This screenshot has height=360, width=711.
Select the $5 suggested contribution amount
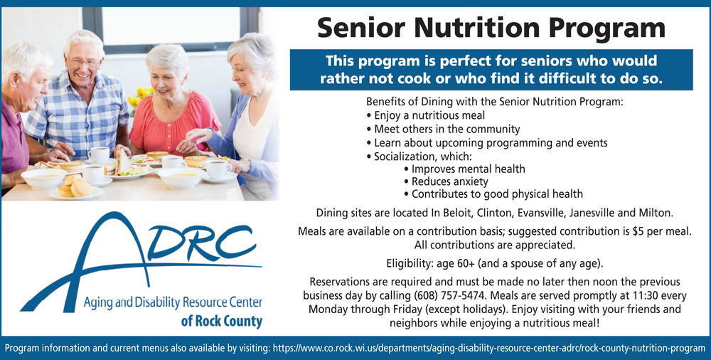coord(638,231)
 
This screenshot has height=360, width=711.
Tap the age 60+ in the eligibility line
coord(455,263)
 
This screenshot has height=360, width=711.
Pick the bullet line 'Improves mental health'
coord(464,169)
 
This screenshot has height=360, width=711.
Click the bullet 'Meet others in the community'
coord(443,129)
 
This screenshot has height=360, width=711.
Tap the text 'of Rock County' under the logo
coord(221,322)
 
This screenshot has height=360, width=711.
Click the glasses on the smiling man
coord(85,62)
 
